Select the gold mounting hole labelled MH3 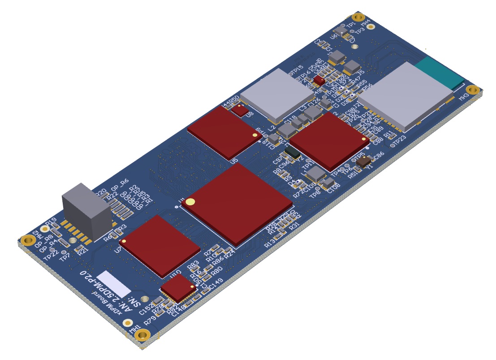pos(471,89)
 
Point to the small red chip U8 pos(242,110)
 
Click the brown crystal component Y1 pos(363,160)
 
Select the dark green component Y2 pos(294,152)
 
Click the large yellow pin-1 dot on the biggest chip pos(191,202)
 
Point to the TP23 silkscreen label pos(402,140)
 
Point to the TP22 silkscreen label pos(51,255)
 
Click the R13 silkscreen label pos(270,243)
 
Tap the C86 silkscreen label pos(379,156)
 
